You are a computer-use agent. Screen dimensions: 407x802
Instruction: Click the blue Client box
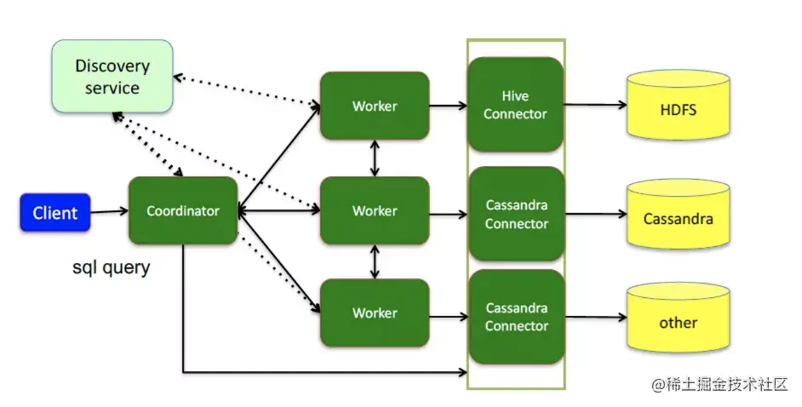pyautogui.click(x=55, y=213)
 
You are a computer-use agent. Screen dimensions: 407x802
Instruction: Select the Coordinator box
pyautogui.click(x=183, y=210)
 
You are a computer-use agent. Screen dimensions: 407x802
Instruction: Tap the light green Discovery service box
pyautogui.click(x=112, y=77)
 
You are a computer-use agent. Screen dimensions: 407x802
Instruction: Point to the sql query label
pyautogui.click(x=111, y=267)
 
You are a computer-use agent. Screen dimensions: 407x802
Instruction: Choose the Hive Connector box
pyautogui.click(x=515, y=105)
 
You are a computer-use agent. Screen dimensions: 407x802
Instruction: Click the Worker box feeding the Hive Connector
pyautogui.click(x=375, y=106)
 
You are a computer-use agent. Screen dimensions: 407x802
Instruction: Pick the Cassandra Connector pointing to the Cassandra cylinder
pyautogui.click(x=516, y=214)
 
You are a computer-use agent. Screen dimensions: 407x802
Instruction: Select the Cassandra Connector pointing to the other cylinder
pyautogui.click(x=516, y=317)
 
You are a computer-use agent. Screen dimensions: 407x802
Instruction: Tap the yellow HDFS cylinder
pyautogui.click(x=678, y=108)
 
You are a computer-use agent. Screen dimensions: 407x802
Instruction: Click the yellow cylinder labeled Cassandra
pyautogui.click(x=678, y=218)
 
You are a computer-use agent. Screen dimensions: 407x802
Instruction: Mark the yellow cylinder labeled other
pyautogui.click(x=678, y=322)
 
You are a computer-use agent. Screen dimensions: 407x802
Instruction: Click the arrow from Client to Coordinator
pyautogui.click(x=109, y=212)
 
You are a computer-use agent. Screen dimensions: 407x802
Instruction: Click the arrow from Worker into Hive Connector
pyautogui.click(x=448, y=106)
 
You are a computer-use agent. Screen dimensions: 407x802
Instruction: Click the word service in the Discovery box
pyautogui.click(x=112, y=88)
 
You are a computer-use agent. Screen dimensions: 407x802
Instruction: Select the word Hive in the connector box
pyautogui.click(x=515, y=96)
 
